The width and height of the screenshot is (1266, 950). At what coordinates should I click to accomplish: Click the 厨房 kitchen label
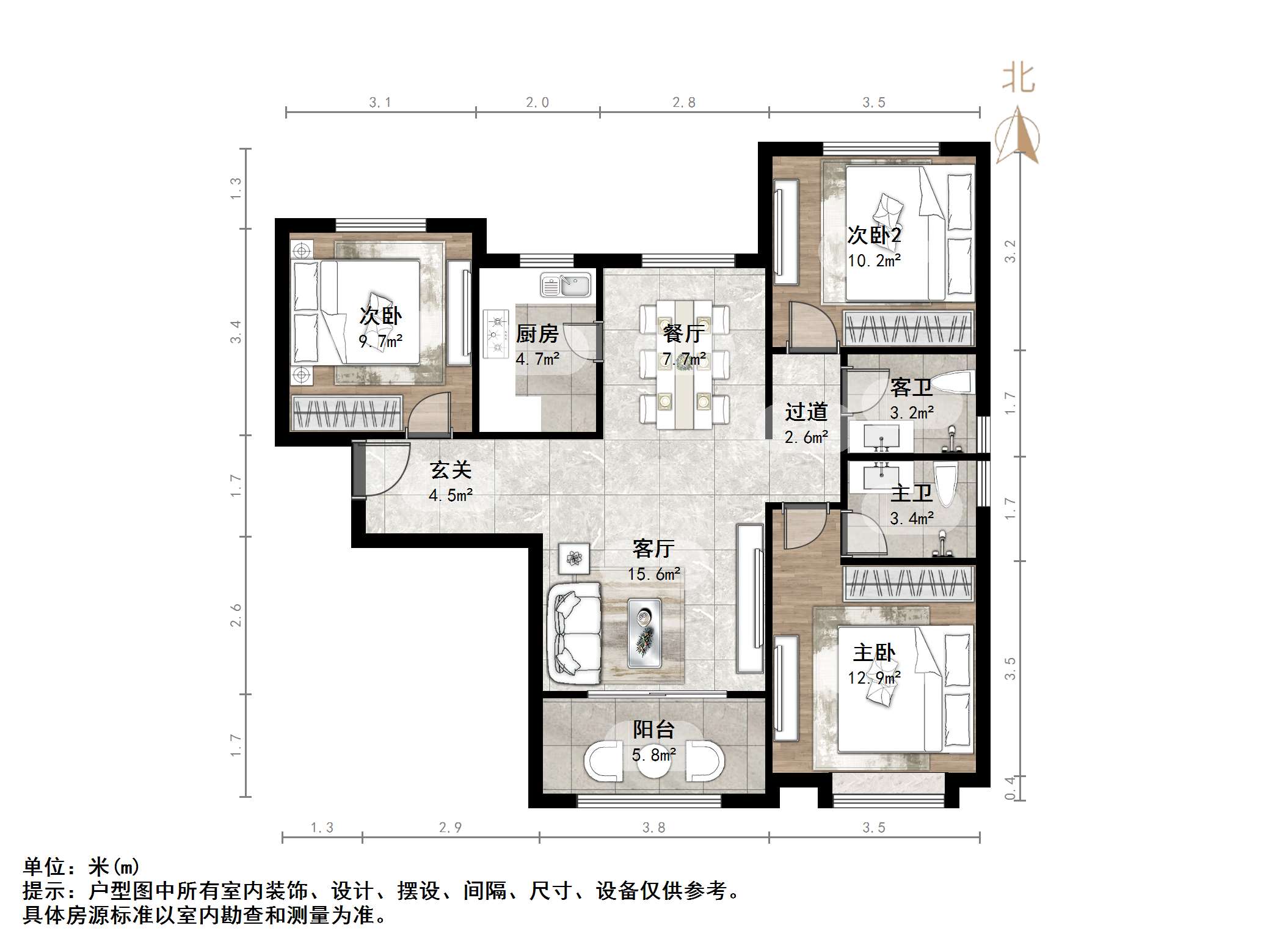(537, 334)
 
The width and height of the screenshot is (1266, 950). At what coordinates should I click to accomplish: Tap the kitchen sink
(566, 285)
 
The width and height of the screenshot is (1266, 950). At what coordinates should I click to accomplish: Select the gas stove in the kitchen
(496, 334)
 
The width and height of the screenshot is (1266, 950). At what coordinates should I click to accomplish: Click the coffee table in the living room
(644, 633)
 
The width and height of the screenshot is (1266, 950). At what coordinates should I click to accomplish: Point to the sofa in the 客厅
(575, 633)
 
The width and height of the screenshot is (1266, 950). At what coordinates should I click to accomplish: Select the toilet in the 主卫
(945, 485)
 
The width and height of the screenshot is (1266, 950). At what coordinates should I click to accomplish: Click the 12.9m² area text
(874, 678)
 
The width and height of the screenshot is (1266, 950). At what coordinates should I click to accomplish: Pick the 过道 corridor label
(806, 412)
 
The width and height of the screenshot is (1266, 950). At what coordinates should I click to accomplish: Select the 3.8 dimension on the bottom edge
(653, 827)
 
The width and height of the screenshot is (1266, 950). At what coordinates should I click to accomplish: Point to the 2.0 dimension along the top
(537, 103)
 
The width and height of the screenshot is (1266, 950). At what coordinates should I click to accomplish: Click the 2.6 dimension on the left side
(236, 615)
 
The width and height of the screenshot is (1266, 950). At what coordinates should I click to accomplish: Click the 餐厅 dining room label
(684, 334)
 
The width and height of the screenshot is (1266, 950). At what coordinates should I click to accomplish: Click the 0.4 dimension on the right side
(1010, 787)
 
